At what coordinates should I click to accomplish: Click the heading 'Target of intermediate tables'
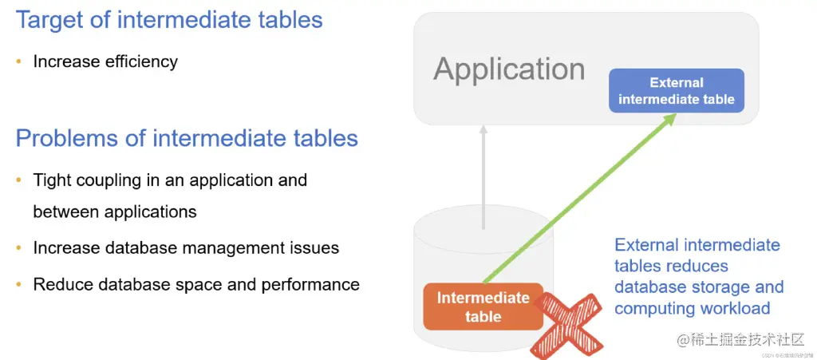pyautogui.click(x=169, y=19)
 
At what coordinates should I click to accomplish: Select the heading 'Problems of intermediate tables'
pyautogui.click(x=187, y=138)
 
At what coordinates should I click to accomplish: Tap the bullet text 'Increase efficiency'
pyautogui.click(x=105, y=61)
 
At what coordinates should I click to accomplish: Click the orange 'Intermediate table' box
pyautogui.click(x=483, y=307)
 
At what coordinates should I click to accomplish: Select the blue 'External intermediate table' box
pyautogui.click(x=676, y=91)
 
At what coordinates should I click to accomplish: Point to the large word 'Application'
pyautogui.click(x=509, y=69)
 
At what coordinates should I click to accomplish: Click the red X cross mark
pyautogui.click(x=567, y=322)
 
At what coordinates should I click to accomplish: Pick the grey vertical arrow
pyautogui.click(x=483, y=176)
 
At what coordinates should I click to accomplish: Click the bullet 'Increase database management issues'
pyautogui.click(x=186, y=248)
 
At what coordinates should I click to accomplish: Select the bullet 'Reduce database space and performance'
pyautogui.click(x=196, y=284)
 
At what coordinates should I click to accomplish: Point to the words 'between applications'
pyautogui.click(x=115, y=212)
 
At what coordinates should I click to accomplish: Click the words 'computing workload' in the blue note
pyautogui.click(x=692, y=308)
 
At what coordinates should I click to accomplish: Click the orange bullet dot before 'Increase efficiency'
pyautogui.click(x=19, y=61)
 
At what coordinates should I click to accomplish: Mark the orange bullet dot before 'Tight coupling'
pyautogui.click(x=19, y=180)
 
